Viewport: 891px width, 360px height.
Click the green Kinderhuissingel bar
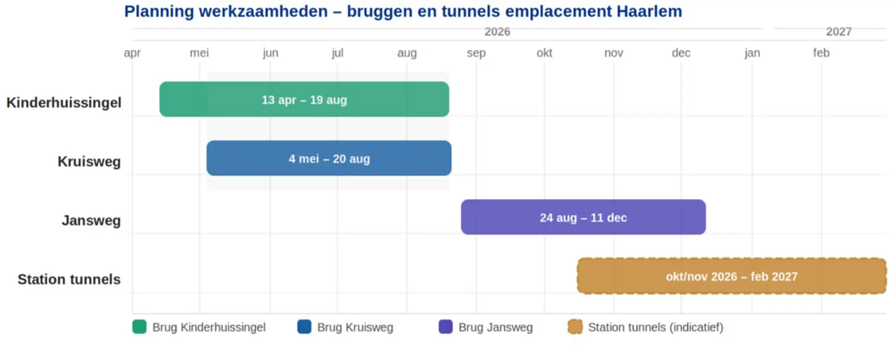tap(304, 100)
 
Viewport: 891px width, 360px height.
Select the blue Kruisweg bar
tap(329, 158)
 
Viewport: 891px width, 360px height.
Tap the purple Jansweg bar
tap(583, 217)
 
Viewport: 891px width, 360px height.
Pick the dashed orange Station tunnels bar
tap(732, 276)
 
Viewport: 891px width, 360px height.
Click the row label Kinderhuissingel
tap(64, 103)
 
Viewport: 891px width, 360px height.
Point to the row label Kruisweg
tap(89, 161)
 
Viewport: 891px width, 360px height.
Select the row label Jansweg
tap(91, 220)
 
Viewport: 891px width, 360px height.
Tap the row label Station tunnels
tap(69, 279)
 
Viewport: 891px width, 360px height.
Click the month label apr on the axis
tap(132, 53)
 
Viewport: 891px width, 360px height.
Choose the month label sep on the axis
tap(476, 53)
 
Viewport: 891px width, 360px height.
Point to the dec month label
tap(681, 53)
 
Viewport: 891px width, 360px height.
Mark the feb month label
tap(821, 53)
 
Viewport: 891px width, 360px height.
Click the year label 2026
tap(497, 32)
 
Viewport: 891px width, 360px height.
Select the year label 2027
tap(839, 32)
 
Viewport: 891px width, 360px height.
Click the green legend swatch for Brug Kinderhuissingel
tap(140, 327)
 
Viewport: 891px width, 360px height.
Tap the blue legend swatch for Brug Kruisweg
tap(304, 327)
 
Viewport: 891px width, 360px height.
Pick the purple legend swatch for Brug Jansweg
tap(445, 327)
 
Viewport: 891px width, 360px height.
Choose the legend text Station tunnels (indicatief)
tap(655, 327)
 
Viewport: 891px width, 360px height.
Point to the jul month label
tap(338, 53)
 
